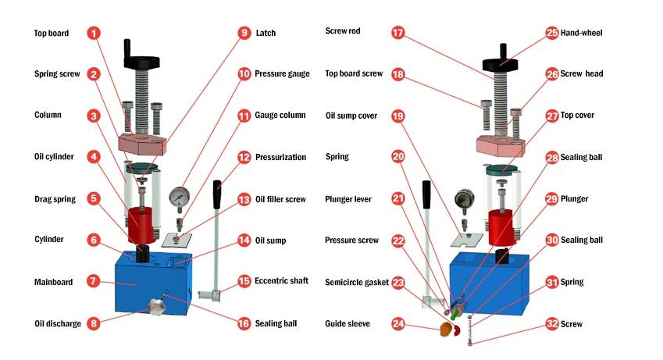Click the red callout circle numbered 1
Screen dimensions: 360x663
[94, 34]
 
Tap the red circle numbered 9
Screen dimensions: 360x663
[244, 33]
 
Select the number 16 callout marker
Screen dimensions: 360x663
[244, 323]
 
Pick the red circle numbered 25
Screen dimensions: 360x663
[552, 33]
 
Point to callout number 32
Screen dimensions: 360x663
[552, 323]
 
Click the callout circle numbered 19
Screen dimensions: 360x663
[398, 116]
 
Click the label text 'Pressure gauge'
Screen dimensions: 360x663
[283, 74]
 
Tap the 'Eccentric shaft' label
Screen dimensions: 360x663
[282, 280]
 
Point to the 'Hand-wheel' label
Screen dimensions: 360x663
[586, 33]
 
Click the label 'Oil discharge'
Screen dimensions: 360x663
[57, 323]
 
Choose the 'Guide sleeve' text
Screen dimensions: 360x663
[348, 323]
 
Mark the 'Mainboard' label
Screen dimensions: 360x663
[53, 280]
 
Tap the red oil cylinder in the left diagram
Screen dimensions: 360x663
[143, 221]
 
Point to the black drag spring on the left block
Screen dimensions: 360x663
[144, 255]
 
